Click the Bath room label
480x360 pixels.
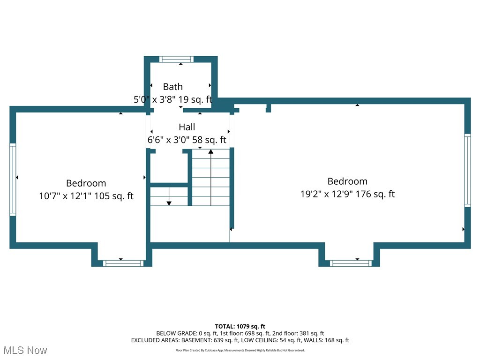click(172, 87)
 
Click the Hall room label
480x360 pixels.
click(187, 127)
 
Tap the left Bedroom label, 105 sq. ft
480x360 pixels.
click(86, 183)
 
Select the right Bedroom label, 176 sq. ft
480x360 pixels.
click(347, 181)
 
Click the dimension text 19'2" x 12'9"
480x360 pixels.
click(327, 194)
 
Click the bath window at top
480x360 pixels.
click(176, 59)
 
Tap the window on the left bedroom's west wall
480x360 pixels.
click(13, 179)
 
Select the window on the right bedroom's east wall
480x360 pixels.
click(467, 170)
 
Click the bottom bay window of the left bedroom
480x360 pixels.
click(123, 263)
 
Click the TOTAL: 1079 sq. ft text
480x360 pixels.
click(240, 326)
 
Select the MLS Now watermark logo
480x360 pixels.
click(25, 350)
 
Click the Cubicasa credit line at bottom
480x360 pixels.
click(240, 350)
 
